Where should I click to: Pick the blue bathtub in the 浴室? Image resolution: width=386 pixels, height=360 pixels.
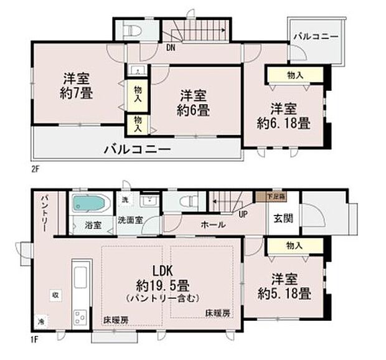click(x=91, y=204)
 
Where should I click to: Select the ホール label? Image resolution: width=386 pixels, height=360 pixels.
click(x=213, y=225)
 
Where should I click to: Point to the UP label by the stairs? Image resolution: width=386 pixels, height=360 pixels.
click(x=242, y=214)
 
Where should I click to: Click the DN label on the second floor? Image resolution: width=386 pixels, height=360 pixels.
click(x=169, y=45)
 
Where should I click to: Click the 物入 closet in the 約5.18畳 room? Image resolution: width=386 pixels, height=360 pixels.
click(x=295, y=247)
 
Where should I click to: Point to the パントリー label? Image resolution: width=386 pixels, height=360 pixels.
click(x=45, y=212)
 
